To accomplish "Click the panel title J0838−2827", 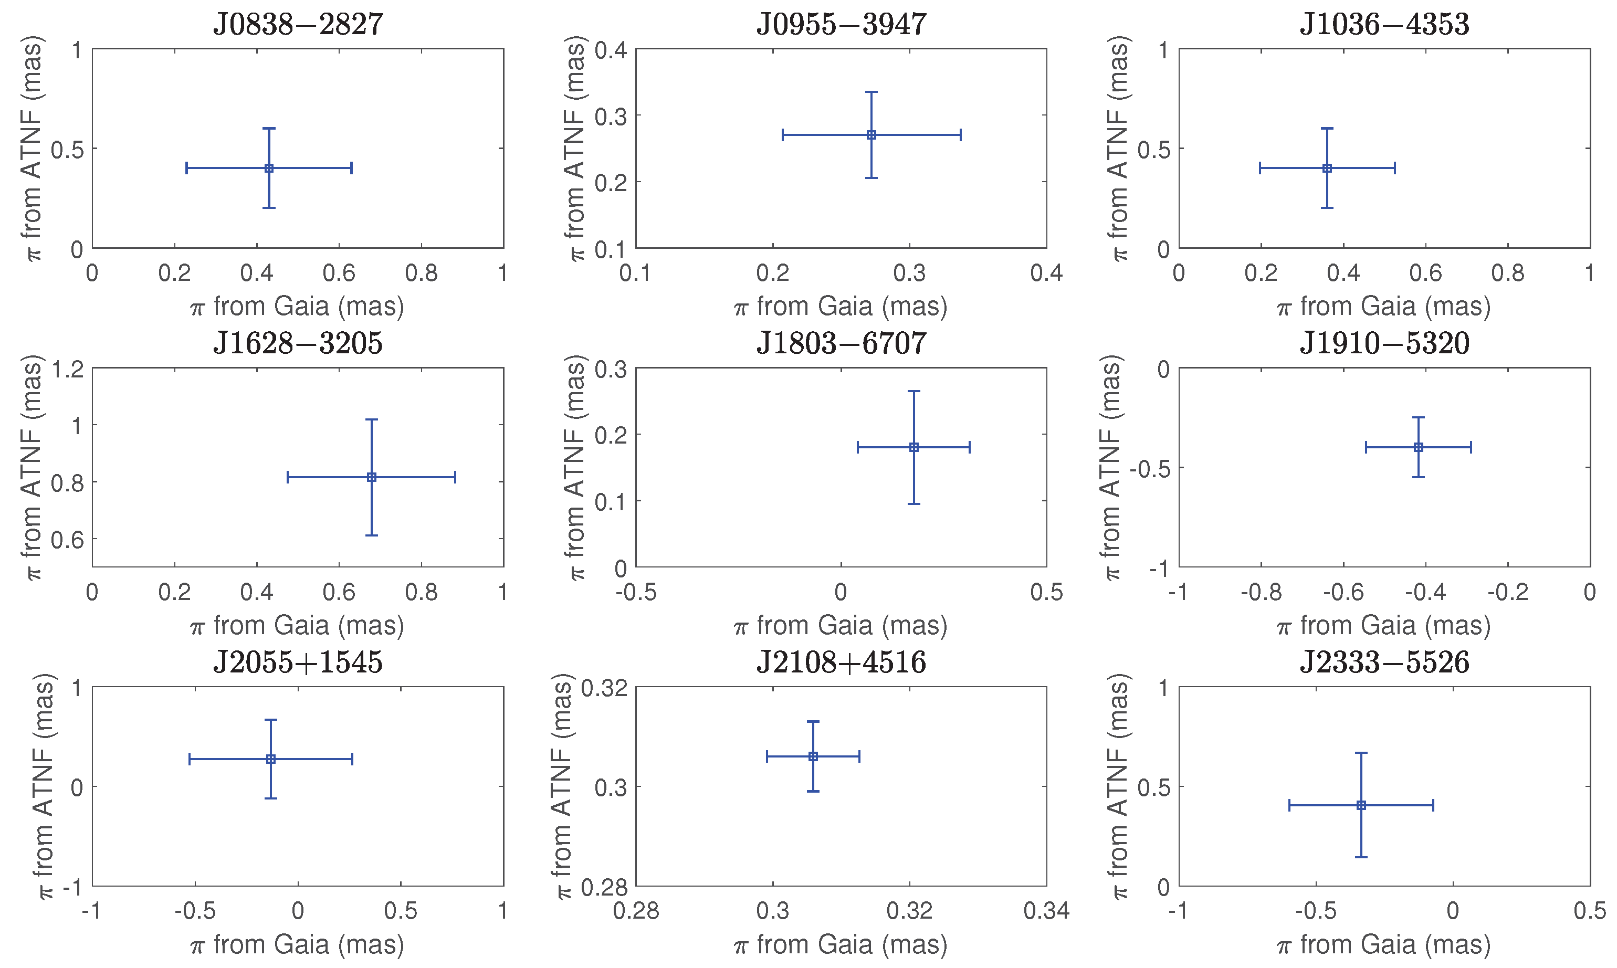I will coord(298,24).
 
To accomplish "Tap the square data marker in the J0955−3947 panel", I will coord(871,135).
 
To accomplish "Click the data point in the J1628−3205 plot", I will coord(371,478).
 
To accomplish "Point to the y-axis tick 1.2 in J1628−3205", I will coord(68,370).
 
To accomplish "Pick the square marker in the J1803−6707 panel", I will coord(914,447).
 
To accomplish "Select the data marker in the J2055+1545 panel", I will coord(271,759).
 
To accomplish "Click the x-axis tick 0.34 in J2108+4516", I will coord(1046,911).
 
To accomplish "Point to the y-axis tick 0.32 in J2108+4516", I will coord(603,688).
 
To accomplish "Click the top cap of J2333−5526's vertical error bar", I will coord(1361,753).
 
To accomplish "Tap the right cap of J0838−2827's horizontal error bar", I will coord(352,169).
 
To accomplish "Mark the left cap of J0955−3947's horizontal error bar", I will coord(783,135).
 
